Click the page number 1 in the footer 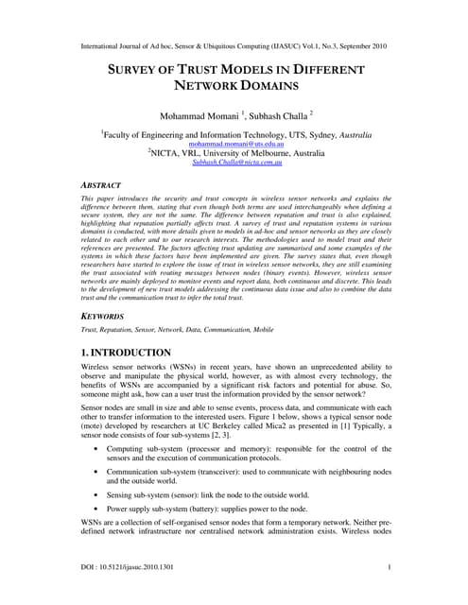[390, 567]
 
